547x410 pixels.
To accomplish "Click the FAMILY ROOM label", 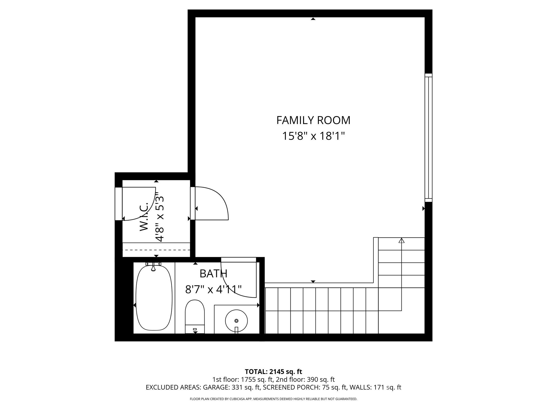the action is coord(313,120).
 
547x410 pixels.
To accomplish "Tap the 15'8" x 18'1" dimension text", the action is coord(314,136).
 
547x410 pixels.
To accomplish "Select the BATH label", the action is coord(213,274).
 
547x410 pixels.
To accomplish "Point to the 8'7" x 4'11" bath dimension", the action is coord(213,289).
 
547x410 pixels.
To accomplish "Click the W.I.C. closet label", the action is coord(144,217).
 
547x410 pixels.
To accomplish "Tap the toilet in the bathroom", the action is coord(195,317).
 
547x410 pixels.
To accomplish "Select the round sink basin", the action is coord(236,321).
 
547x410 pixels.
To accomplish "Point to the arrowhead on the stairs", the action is coord(401,241).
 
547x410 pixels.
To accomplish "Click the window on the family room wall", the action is coord(428,138).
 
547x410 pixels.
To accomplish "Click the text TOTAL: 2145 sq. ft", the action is coord(273,372).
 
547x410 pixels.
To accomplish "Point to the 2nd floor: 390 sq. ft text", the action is coord(305,380).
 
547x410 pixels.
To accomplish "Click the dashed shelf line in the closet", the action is coord(156,250).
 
